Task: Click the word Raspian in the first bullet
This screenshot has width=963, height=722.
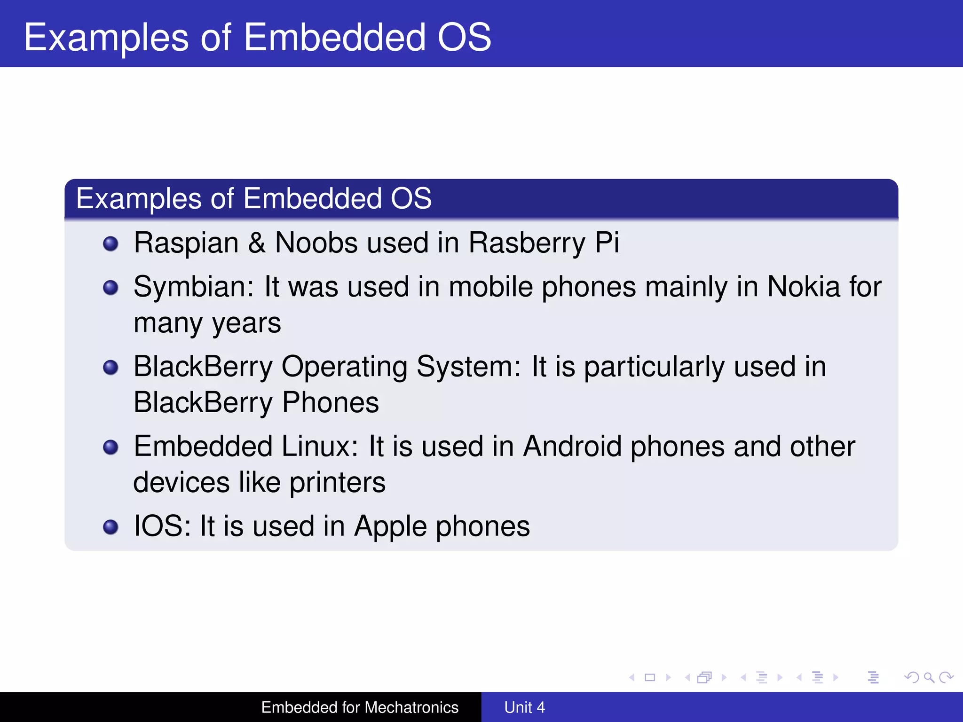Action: pyautogui.click(x=186, y=243)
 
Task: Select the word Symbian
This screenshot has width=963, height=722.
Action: pyautogui.click(x=193, y=287)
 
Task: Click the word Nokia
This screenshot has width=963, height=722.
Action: pyautogui.click(x=804, y=287)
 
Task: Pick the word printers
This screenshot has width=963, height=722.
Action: pyautogui.click(x=337, y=482)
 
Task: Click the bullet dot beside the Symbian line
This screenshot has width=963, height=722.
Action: pyautogui.click(x=111, y=287)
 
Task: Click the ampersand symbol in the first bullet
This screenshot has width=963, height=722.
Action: pyautogui.click(x=257, y=243)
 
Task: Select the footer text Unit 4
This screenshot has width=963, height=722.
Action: pyautogui.click(x=524, y=707)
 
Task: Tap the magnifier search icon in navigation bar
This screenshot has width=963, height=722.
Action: pyautogui.click(x=929, y=677)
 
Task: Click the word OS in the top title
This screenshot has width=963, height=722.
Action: pyautogui.click(x=464, y=37)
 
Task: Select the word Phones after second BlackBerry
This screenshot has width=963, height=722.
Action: pyautogui.click(x=330, y=402)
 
